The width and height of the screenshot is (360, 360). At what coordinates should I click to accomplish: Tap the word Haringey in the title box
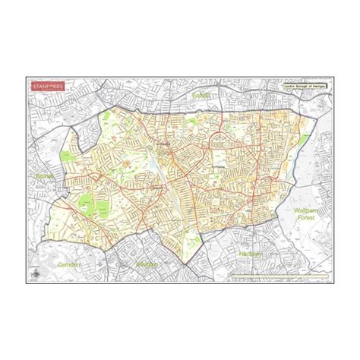click(x=318, y=87)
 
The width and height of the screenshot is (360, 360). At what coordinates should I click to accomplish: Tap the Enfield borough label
click(x=201, y=96)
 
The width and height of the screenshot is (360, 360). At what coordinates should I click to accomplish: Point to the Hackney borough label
click(x=249, y=254)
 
